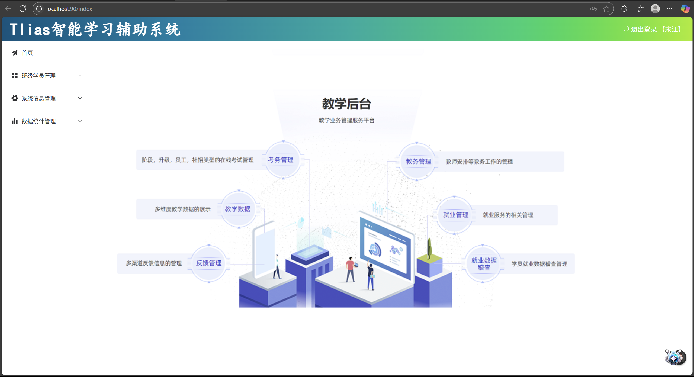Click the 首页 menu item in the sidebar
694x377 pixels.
27,53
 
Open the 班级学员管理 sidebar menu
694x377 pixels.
38,76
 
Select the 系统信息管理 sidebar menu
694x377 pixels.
38,98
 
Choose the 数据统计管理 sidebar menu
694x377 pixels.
38,121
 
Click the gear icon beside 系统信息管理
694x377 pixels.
15,98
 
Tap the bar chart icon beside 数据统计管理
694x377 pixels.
15,121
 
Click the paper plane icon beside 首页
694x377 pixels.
15,53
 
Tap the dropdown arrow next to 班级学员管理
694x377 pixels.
80,75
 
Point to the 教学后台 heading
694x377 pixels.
346,104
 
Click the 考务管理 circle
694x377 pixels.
281,160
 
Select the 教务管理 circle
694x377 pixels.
418,162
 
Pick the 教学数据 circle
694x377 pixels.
238,209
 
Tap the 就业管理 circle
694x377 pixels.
455,215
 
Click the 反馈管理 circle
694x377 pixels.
209,263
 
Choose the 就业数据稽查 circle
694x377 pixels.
484,264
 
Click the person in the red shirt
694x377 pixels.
351,270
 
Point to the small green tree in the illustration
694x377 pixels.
429,248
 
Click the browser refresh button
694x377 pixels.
23,9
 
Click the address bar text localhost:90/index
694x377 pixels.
69,9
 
